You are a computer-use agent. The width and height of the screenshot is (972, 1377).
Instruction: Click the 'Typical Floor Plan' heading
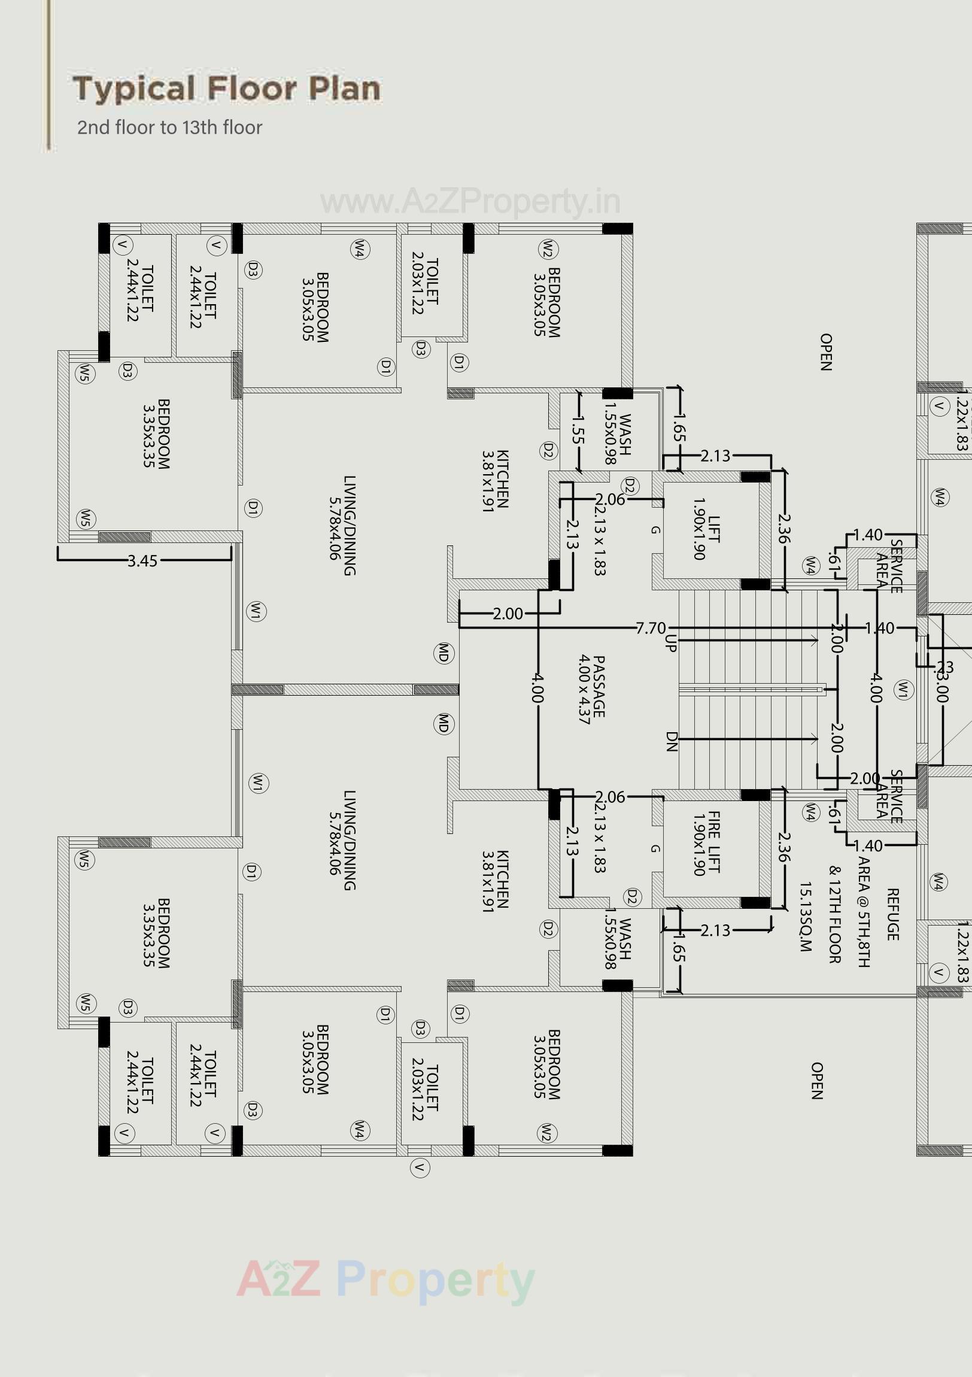point(227,89)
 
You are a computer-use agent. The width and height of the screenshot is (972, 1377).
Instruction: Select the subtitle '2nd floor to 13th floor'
point(170,128)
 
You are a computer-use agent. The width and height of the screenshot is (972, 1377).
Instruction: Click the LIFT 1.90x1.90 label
point(706,529)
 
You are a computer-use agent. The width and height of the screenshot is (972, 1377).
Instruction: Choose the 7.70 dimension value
point(651,628)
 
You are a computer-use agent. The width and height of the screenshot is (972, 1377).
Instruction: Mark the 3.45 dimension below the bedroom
point(142,561)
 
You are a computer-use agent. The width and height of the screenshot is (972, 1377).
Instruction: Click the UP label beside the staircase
point(670,643)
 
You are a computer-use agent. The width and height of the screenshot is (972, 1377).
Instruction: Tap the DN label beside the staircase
point(671,742)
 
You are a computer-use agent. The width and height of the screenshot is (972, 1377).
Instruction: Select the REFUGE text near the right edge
point(892,914)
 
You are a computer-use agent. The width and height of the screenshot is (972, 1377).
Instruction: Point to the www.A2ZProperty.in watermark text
point(470,202)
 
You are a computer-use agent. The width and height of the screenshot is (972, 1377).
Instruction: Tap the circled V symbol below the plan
point(420,1167)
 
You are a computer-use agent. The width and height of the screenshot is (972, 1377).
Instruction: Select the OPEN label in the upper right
point(825,352)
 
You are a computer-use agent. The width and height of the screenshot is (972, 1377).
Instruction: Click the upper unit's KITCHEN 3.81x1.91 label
point(496,480)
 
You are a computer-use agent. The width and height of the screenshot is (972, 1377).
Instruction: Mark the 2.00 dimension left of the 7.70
point(508,614)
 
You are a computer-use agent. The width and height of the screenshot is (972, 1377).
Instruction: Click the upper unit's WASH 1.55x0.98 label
point(618,433)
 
